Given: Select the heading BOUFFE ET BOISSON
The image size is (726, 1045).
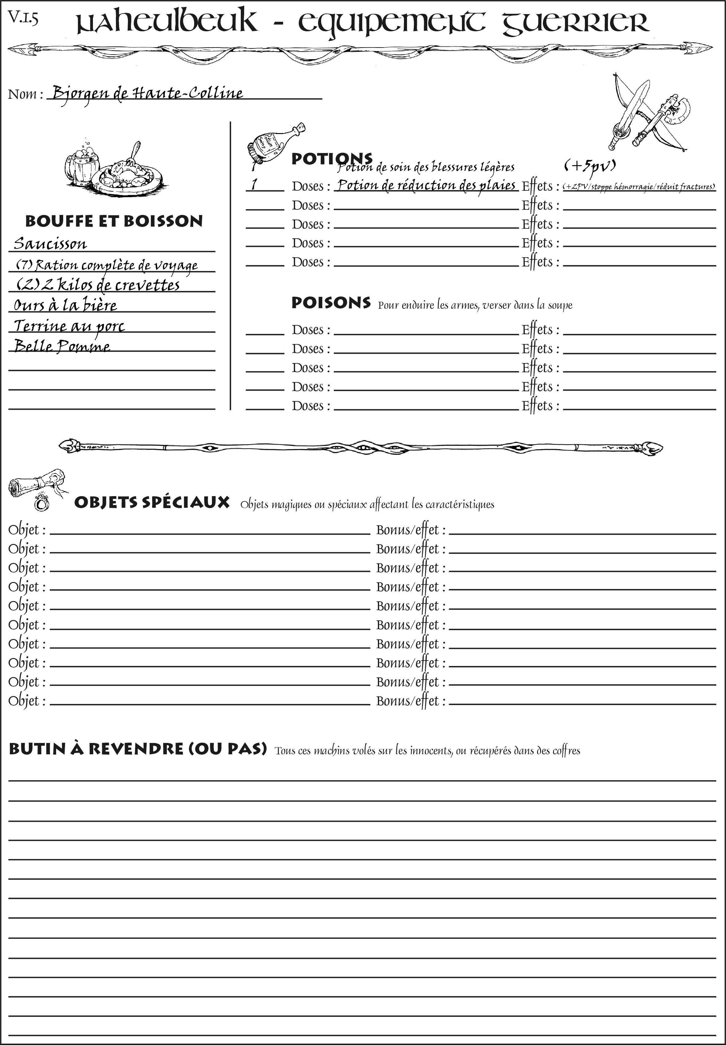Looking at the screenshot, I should (114, 221).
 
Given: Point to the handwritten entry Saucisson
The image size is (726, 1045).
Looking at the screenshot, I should (50, 244).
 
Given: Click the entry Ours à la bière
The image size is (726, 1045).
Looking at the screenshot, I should (65, 305).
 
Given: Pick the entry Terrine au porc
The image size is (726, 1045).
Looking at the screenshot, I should (69, 326).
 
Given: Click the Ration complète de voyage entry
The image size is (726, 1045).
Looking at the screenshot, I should (107, 265).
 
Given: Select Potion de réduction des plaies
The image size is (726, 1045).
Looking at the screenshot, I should (426, 186).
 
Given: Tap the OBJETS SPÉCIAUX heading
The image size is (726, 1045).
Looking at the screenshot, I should (152, 503).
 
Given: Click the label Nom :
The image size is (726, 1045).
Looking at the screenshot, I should (25, 94).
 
